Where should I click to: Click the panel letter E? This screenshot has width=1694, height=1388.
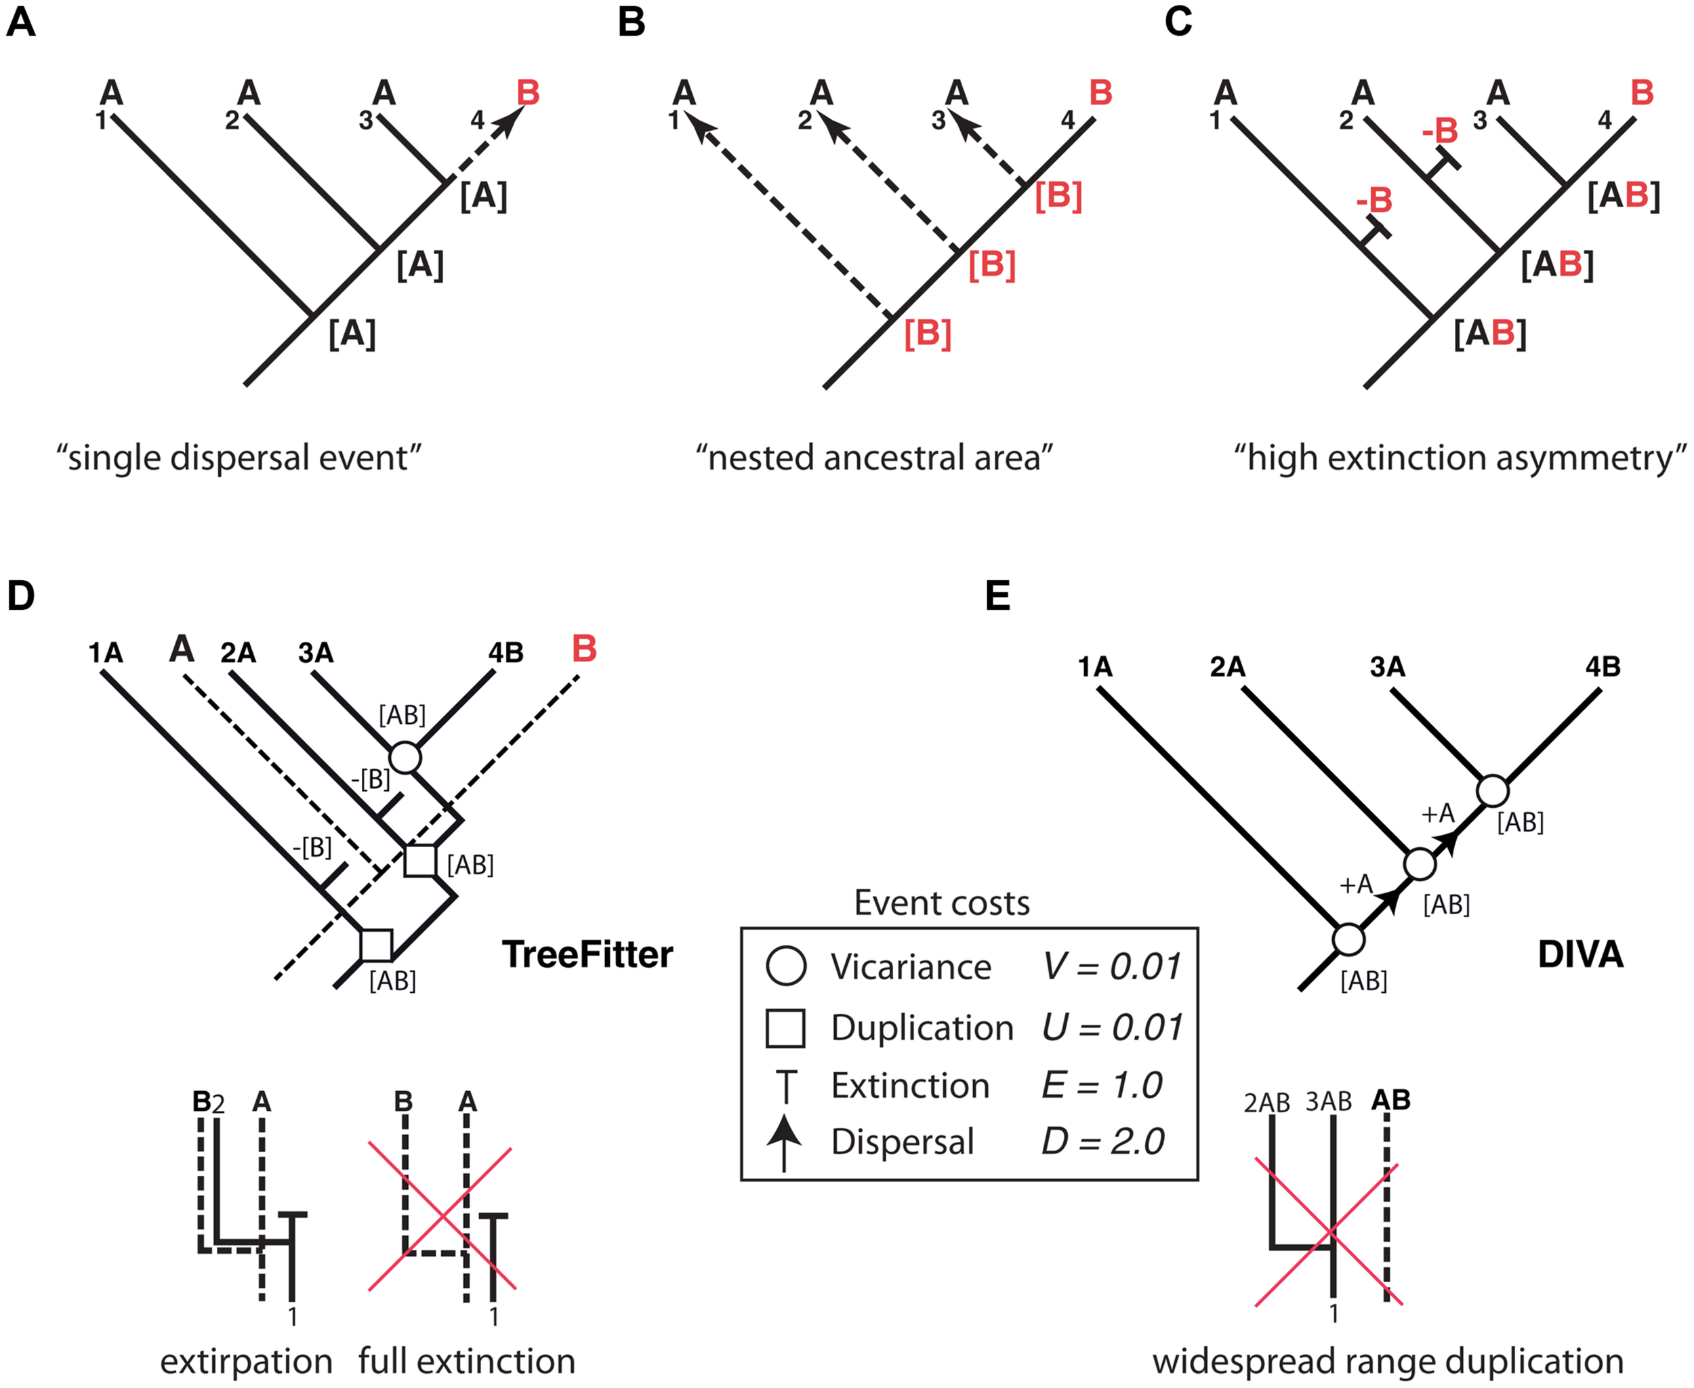[x=997, y=596]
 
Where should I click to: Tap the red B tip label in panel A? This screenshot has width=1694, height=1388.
[x=529, y=93]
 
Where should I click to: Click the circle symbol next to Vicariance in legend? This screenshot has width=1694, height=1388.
[x=786, y=966]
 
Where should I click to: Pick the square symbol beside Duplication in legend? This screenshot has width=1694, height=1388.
[x=785, y=1028]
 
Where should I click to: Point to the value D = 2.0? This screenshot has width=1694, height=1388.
[x=1102, y=1141]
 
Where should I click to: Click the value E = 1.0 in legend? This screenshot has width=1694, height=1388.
[x=1102, y=1085]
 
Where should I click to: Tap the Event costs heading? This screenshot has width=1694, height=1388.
[x=942, y=903]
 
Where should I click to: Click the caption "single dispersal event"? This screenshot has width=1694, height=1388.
[x=239, y=458]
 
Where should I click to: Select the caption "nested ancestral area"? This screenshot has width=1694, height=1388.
[x=874, y=458]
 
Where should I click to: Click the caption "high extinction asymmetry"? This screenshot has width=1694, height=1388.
[x=1459, y=458]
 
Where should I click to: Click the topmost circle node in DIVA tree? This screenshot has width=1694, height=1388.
[x=1493, y=791]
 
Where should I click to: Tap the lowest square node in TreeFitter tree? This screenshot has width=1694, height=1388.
[x=376, y=945]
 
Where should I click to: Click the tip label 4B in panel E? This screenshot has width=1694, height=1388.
[x=1603, y=666]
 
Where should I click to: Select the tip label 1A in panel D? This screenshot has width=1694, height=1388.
[x=106, y=653]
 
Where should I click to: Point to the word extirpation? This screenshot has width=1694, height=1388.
[x=246, y=1362]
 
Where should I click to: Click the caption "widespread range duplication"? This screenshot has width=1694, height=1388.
[x=1388, y=1362]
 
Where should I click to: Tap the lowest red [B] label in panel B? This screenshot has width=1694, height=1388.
[x=928, y=333]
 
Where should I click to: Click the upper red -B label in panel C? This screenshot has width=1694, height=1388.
[x=1440, y=131]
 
